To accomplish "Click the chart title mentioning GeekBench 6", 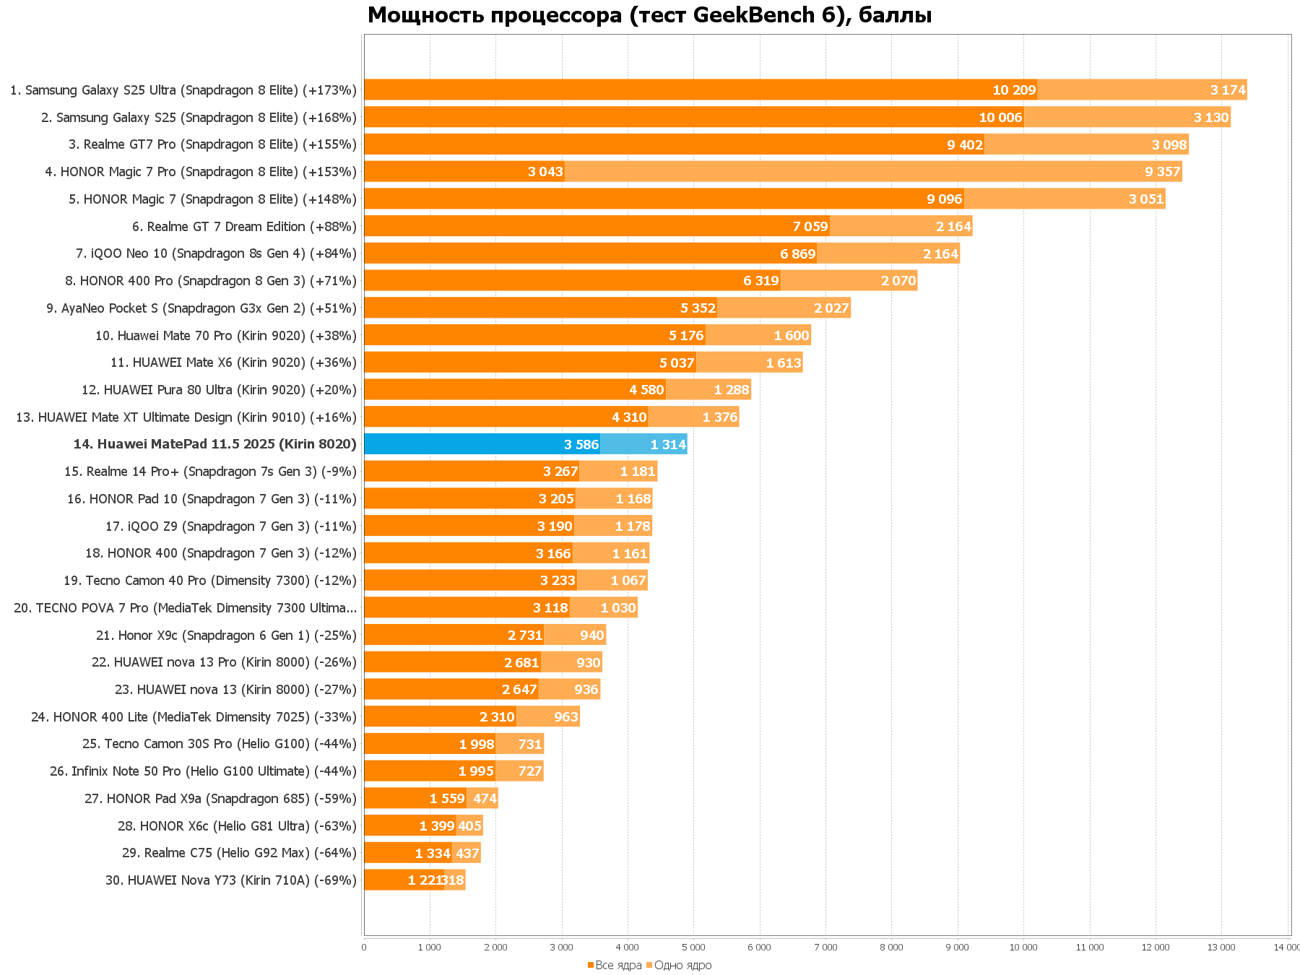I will click(x=649, y=15).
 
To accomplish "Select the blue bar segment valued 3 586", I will click(x=482, y=444).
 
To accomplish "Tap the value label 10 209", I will click(x=1014, y=90).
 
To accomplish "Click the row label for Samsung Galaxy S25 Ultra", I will click(x=183, y=90).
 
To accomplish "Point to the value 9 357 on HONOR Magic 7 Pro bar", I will click(x=1162, y=172).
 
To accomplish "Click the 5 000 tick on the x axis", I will click(x=693, y=948).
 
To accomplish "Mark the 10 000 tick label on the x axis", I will click(x=1023, y=948).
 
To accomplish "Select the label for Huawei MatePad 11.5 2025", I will click(x=214, y=444).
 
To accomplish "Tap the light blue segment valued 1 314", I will click(x=643, y=444).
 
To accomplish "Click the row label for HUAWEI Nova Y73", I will click(x=231, y=880).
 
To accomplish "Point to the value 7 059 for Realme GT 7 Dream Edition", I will click(x=810, y=227).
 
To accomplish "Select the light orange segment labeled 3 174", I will click(x=1142, y=90).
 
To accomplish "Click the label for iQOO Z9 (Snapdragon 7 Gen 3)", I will click(x=231, y=526).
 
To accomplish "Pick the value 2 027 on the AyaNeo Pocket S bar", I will click(x=831, y=308).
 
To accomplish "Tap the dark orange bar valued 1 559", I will click(x=415, y=799).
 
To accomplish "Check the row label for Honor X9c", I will click(x=226, y=636).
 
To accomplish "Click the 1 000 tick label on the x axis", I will click(x=430, y=948).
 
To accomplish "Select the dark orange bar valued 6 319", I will click(x=572, y=281).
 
